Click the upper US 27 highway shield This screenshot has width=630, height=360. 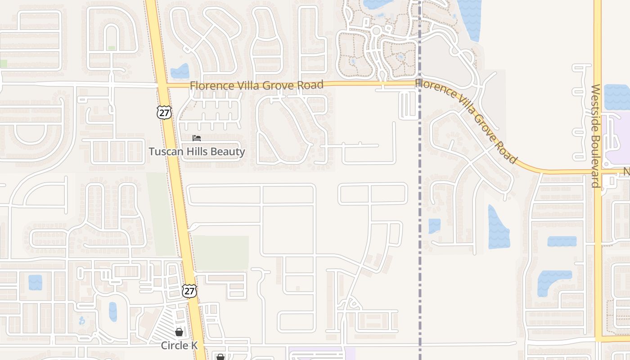point(164,112)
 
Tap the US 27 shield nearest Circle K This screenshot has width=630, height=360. point(189,291)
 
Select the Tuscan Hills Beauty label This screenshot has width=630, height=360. point(197,152)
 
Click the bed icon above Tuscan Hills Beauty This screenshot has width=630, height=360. point(197,138)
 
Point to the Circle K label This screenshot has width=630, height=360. point(180,346)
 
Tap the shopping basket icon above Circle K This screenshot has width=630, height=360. point(179,333)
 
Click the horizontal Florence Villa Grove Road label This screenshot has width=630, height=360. point(256,85)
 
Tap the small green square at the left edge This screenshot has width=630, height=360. point(3,64)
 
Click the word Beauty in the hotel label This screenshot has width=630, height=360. point(228,152)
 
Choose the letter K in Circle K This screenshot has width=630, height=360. point(194,346)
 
